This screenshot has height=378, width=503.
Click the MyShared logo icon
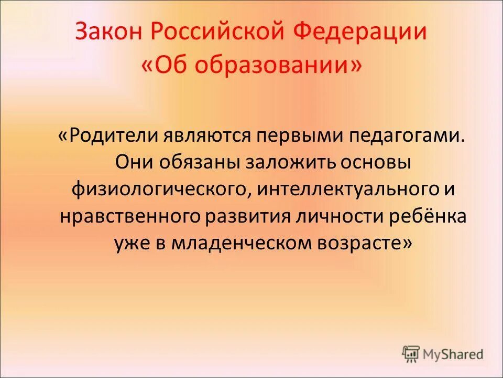pos(411,354)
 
